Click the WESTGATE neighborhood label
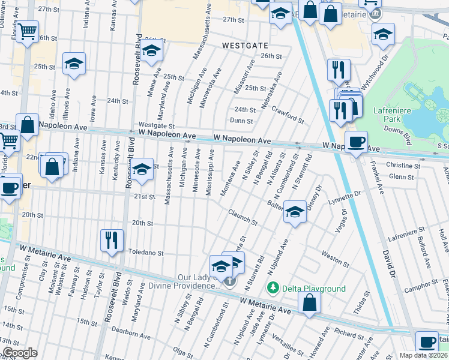(244, 45)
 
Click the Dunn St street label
(241, 121)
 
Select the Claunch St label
(243, 218)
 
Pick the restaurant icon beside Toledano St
(112, 240)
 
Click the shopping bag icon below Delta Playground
(309, 303)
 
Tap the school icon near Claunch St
(294, 212)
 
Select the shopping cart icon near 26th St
(27, 31)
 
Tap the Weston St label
(335, 259)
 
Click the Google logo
(19, 353)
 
